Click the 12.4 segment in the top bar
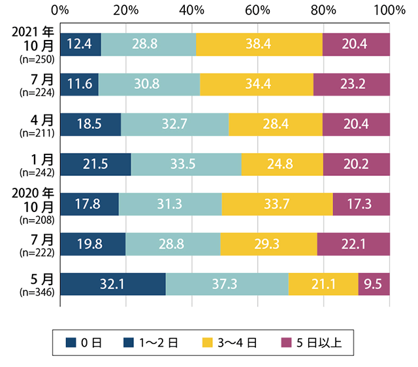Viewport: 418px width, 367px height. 80,45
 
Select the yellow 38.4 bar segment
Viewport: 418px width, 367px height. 259,45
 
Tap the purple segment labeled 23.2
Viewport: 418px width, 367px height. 351,84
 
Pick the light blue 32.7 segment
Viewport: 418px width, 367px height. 174,124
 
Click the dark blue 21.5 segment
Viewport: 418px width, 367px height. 95,164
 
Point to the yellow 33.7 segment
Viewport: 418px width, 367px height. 277,204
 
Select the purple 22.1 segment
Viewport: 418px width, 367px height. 353,243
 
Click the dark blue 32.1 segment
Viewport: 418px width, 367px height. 112,283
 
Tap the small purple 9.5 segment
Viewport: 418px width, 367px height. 374,283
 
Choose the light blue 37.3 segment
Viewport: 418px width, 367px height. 227,283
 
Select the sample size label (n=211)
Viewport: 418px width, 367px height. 38,132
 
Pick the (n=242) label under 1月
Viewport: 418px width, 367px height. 38,172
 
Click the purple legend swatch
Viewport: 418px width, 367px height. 285,341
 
